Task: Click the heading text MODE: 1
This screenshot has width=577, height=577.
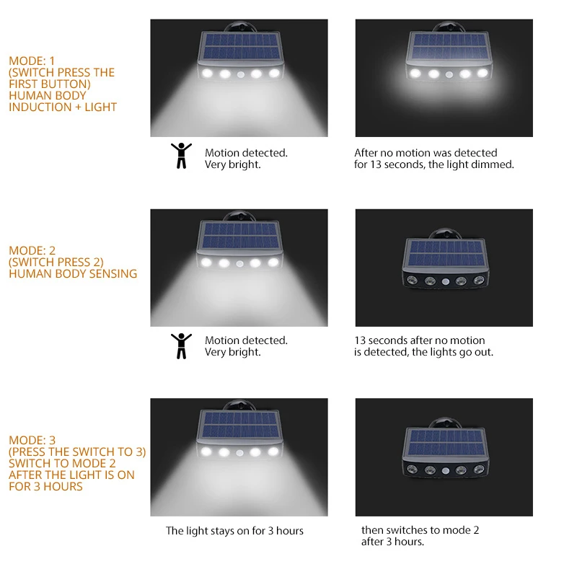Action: [32, 61]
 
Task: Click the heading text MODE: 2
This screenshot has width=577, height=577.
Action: [32, 250]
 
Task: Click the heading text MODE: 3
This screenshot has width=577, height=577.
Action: [32, 440]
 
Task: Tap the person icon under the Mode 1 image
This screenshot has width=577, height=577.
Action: [181, 155]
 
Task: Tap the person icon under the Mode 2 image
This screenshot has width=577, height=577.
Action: [181, 345]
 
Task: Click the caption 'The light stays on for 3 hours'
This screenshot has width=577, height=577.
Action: [234, 531]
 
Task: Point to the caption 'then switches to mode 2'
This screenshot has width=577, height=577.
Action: [420, 530]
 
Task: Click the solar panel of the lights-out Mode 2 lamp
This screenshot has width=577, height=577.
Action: [443, 253]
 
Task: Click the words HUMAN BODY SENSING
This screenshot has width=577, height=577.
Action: [73, 273]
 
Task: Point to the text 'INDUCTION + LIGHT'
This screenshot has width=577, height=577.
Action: [63, 107]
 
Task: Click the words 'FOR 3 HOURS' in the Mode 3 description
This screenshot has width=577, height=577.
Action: [45, 486]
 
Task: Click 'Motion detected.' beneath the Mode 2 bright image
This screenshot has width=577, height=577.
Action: [246, 340]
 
